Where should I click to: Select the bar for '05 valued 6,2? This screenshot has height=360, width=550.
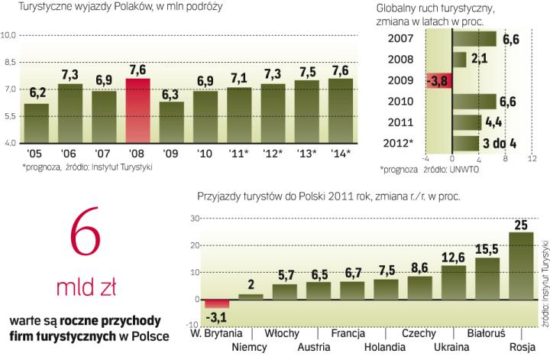[x=36, y=123]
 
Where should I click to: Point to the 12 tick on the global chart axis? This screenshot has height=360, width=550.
[x=531, y=161]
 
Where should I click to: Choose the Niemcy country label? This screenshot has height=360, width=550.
[x=247, y=347]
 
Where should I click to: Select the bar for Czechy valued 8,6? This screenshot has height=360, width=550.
[x=419, y=287]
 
